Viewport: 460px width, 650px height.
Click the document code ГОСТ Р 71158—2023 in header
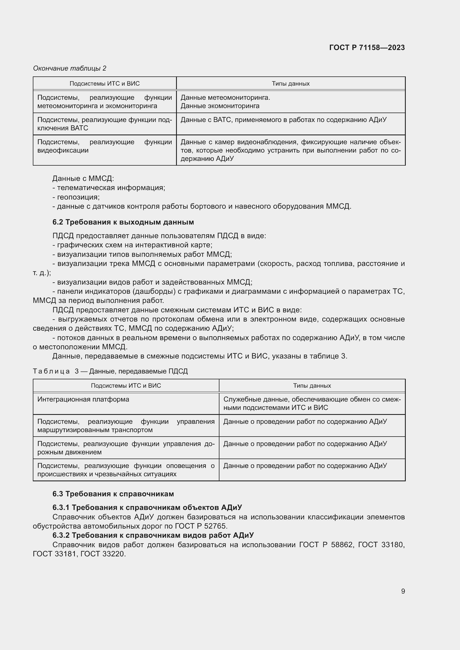point(367,48)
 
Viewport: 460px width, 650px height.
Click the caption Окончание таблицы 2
point(70,68)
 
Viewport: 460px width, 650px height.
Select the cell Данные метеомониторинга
point(225,98)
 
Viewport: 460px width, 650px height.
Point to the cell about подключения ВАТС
point(105,124)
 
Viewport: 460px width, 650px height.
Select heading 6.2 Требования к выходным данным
point(123,222)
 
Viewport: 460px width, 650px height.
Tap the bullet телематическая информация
point(109,188)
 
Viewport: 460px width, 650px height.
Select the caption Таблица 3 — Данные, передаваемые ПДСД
point(110,371)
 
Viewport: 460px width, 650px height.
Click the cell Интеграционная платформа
point(83,399)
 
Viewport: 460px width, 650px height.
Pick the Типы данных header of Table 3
point(312,386)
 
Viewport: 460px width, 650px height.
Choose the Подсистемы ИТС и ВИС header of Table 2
point(105,84)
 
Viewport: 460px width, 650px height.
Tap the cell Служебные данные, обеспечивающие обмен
point(312,404)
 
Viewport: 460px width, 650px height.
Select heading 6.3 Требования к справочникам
point(113,494)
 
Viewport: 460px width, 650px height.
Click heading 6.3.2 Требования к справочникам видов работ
point(153,535)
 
